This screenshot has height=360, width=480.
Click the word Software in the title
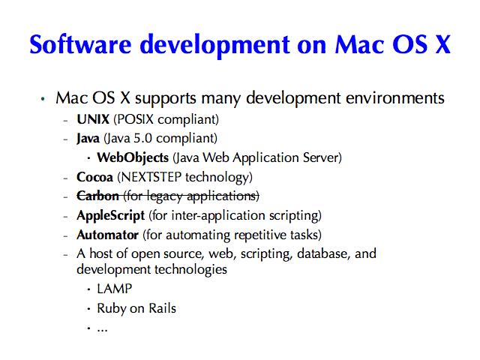(x=80, y=44)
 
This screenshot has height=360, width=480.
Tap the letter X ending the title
(x=442, y=45)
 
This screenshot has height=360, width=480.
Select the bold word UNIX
(x=93, y=119)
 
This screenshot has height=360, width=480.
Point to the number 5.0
(x=143, y=138)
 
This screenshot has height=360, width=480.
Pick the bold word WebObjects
(x=133, y=157)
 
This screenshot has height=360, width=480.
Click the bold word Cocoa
(x=95, y=177)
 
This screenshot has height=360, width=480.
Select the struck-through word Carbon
(x=97, y=196)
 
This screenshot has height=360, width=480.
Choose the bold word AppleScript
(x=110, y=216)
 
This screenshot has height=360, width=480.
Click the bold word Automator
(x=108, y=235)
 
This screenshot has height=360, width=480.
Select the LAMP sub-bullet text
(x=115, y=289)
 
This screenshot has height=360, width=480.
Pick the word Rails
(x=162, y=308)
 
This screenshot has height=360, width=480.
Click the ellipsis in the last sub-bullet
(x=102, y=330)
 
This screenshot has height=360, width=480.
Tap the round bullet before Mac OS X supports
(x=43, y=98)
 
